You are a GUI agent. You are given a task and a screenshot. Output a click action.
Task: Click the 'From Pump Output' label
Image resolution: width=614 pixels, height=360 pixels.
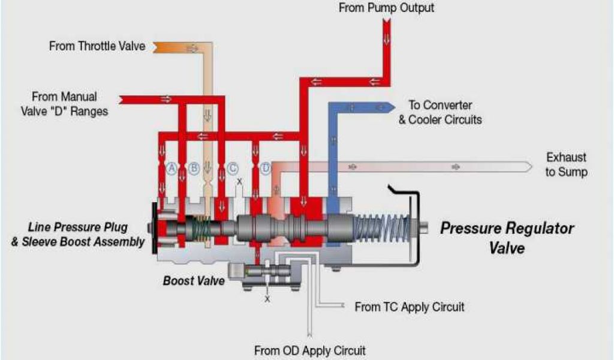[386, 8]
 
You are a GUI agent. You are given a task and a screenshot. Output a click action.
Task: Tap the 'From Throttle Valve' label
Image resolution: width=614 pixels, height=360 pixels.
[97, 46]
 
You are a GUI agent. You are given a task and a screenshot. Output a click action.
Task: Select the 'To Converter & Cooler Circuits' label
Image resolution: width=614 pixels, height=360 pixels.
[445, 112]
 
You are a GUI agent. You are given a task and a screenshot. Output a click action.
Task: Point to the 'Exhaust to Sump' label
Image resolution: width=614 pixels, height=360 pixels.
[567, 164]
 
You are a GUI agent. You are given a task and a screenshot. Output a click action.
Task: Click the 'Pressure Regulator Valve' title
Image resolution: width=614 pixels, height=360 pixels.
[507, 237]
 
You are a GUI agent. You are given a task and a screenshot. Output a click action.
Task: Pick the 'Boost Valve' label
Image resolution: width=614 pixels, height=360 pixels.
[194, 280]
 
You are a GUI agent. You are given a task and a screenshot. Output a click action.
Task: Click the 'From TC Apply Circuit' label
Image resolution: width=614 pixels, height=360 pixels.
[410, 307]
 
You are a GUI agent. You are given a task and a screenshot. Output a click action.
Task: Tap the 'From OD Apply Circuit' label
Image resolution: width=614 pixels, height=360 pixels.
[310, 350]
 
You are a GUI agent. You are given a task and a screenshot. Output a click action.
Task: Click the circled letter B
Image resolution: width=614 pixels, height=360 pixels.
[194, 169]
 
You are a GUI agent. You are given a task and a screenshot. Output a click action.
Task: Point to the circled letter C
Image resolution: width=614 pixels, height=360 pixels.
[233, 169]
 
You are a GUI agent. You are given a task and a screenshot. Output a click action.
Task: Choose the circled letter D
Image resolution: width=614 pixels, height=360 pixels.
[266, 169]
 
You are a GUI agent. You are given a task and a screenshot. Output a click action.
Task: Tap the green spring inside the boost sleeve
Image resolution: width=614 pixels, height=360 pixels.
[203, 229]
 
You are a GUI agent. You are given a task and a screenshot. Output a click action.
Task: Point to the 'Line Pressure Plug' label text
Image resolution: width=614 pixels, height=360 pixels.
[78, 228]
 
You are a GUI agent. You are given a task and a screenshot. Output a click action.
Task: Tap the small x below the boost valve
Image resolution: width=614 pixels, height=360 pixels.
[267, 298]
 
